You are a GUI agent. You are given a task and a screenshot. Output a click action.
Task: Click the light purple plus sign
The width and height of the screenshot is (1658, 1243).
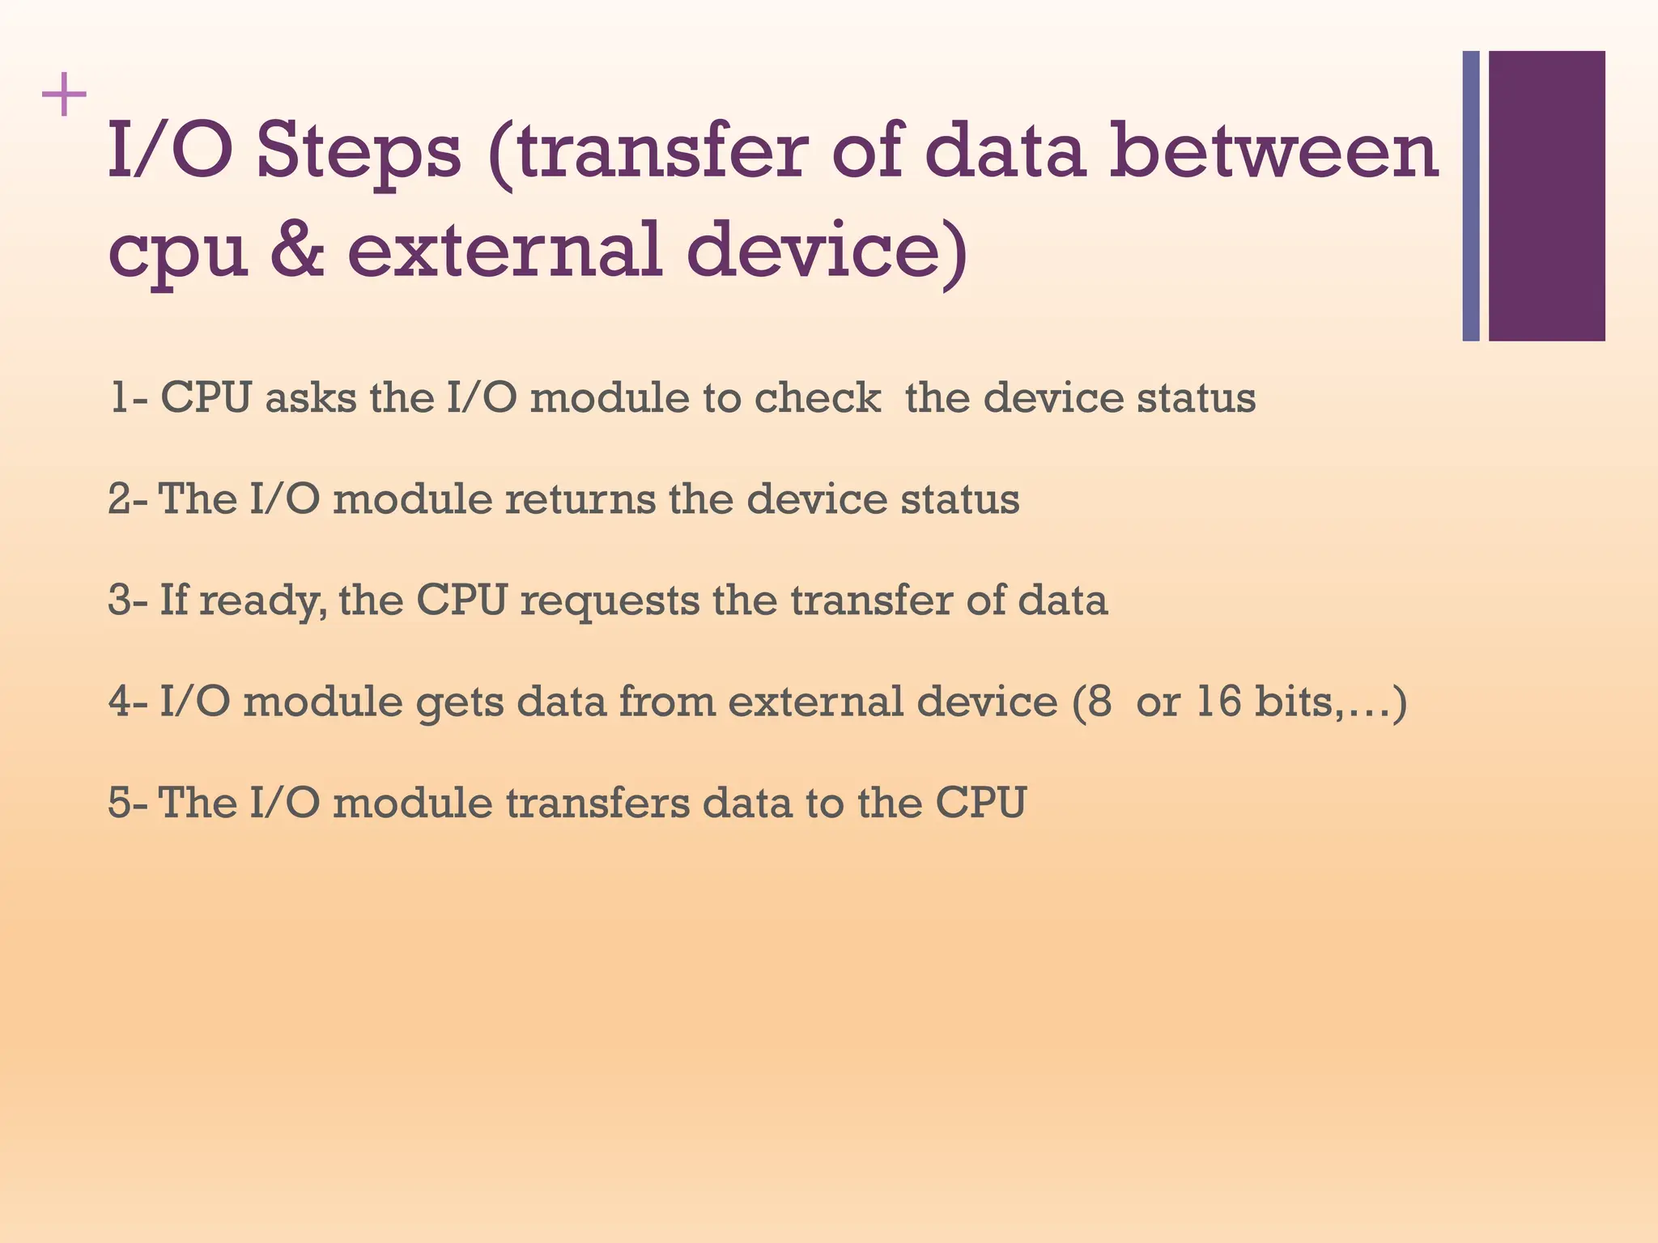click(64, 95)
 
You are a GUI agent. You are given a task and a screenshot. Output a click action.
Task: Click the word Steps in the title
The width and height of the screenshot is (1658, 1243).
click(359, 152)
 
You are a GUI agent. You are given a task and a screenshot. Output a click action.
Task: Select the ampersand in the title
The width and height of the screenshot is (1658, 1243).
click(297, 250)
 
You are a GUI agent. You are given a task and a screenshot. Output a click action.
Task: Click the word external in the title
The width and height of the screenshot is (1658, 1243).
click(505, 250)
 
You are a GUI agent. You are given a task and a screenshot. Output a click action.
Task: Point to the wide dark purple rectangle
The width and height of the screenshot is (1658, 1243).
click(1546, 196)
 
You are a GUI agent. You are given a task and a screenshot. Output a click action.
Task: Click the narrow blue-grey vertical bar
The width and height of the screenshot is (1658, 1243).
click(1471, 196)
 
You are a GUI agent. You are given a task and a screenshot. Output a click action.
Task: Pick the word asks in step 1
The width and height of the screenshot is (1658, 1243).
click(311, 398)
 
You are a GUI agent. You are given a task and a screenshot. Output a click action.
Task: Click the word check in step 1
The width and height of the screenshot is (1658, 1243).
click(818, 398)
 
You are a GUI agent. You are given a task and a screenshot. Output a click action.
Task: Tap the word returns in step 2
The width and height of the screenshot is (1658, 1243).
click(580, 499)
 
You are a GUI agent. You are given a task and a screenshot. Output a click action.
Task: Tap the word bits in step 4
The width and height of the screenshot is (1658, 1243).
click(1294, 701)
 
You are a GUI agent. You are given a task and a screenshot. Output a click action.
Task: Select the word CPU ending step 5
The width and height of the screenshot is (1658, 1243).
click(981, 803)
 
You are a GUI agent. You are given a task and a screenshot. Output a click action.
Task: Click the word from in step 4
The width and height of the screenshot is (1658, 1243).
click(667, 702)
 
